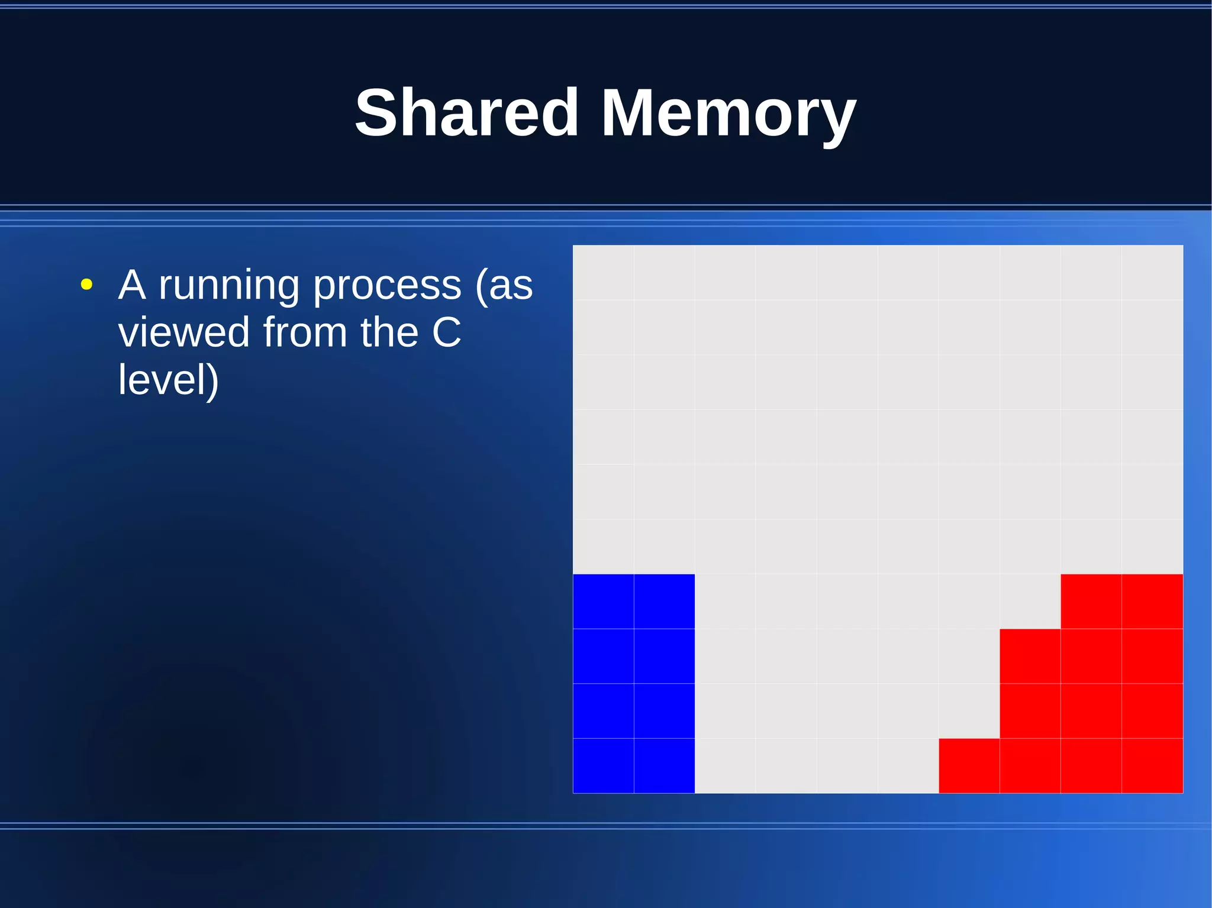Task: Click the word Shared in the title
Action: point(466,112)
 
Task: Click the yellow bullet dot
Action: point(86,285)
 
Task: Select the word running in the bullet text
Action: point(229,286)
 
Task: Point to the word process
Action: point(386,286)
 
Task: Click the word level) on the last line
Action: point(169,379)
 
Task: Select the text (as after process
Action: point(504,286)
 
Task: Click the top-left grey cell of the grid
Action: point(603,273)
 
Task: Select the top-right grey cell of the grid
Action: point(1152,273)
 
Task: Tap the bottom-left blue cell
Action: point(603,765)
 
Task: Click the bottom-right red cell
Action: point(1152,765)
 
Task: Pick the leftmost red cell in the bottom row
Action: point(969,765)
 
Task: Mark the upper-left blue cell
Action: point(603,601)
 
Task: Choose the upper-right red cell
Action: point(1152,601)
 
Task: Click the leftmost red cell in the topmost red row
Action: point(1091,601)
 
